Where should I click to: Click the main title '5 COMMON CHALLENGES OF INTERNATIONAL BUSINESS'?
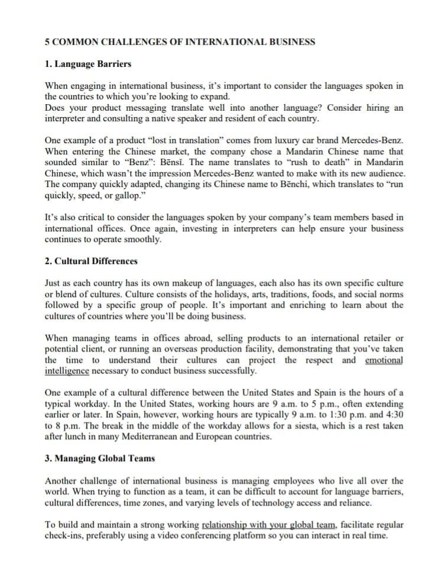pos(180,42)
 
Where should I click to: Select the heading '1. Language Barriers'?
pos(88,63)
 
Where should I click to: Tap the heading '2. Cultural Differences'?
pos(91,261)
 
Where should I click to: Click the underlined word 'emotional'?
pos(384,360)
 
